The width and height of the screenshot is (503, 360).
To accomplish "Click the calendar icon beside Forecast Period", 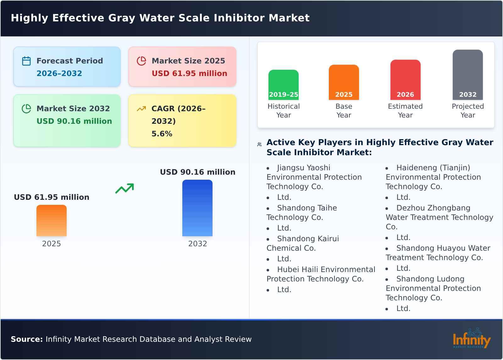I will click(26, 61).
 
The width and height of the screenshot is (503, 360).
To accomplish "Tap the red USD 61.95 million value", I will click(189, 74).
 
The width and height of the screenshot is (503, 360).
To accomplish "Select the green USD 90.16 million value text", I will click(74, 121).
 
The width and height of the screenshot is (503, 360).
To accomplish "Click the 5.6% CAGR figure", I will click(162, 134).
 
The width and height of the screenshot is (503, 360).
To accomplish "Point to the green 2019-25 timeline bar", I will click(283, 85).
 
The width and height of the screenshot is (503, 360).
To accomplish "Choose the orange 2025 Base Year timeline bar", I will click(344, 82).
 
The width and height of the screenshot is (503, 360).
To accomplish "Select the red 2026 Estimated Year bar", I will click(405, 79).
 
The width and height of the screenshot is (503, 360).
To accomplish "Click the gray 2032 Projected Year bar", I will click(467, 74).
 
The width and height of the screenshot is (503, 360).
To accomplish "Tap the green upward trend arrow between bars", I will click(124, 188).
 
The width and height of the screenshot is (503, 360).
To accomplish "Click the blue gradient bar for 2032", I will click(197, 208).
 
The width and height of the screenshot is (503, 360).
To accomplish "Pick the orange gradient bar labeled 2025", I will click(52, 220).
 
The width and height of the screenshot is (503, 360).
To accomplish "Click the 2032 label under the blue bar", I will click(197, 244).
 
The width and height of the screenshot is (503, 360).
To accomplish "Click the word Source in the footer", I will click(26, 339).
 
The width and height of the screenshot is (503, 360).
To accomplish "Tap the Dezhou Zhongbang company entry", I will click(439, 217).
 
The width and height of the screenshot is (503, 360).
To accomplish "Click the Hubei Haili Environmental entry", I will click(321, 274).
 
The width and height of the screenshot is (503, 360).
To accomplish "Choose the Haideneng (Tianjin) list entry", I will click(433, 177).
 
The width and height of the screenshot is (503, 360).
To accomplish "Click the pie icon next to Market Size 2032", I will click(26, 109).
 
